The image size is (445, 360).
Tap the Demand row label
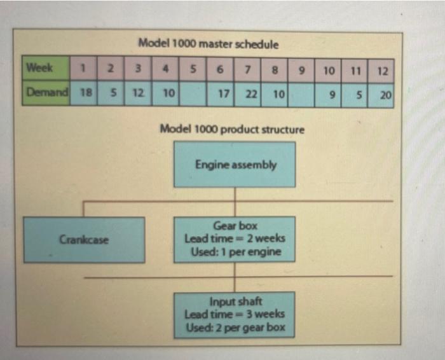click(46, 93)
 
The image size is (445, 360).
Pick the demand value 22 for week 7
click(250, 93)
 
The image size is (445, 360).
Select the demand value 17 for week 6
click(223, 93)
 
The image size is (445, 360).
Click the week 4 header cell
click(167, 68)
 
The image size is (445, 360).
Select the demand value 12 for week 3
click(138, 93)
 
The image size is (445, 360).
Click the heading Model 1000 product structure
click(233, 129)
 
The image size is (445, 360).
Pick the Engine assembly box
click(235, 165)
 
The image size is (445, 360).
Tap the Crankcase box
click(83, 240)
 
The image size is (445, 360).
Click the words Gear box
click(235, 226)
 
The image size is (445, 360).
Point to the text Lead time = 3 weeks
click(235, 314)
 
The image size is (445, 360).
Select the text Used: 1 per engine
click(235, 252)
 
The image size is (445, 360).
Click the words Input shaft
click(235, 302)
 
